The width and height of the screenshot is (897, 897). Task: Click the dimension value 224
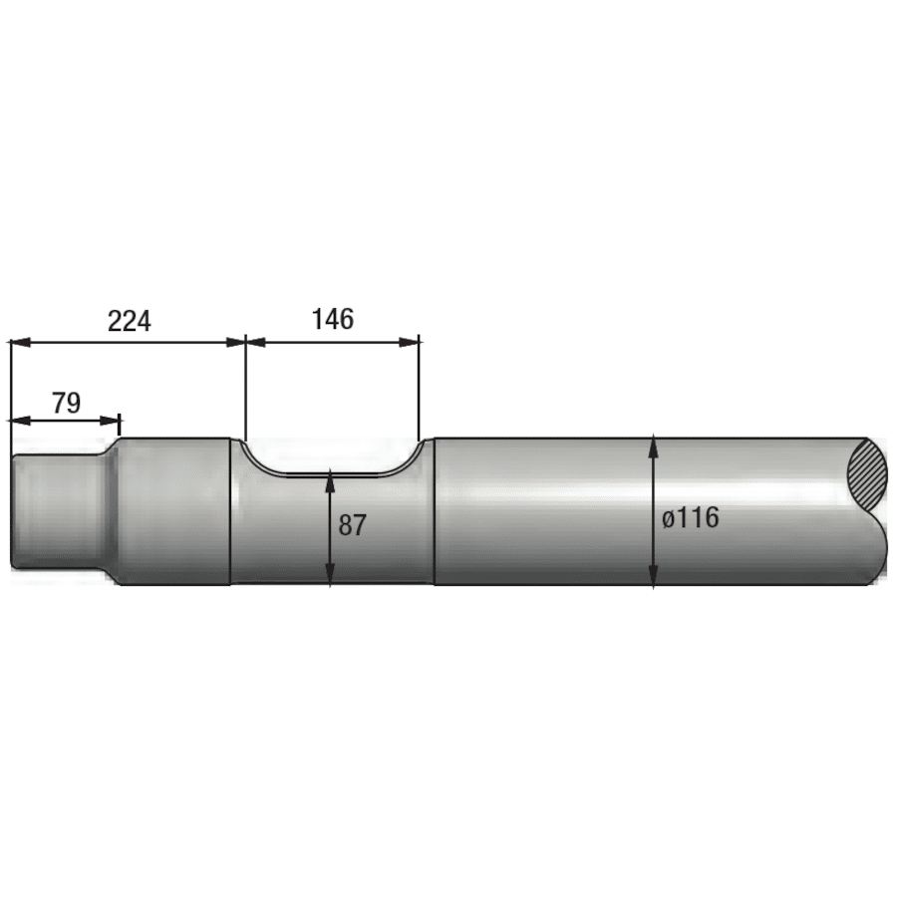(x=130, y=321)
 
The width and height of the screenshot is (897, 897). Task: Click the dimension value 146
(x=332, y=319)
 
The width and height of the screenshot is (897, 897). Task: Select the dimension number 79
(x=67, y=403)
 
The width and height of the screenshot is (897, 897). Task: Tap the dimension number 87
(x=352, y=525)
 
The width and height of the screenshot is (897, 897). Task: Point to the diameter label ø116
(x=691, y=518)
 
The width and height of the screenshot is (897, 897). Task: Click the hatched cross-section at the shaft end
(x=867, y=477)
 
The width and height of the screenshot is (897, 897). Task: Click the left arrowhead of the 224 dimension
(x=20, y=342)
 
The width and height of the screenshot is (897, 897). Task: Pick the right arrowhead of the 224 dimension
(x=235, y=342)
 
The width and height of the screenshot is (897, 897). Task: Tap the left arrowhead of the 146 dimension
(x=255, y=342)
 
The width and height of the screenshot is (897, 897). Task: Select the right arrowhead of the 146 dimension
(x=409, y=342)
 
